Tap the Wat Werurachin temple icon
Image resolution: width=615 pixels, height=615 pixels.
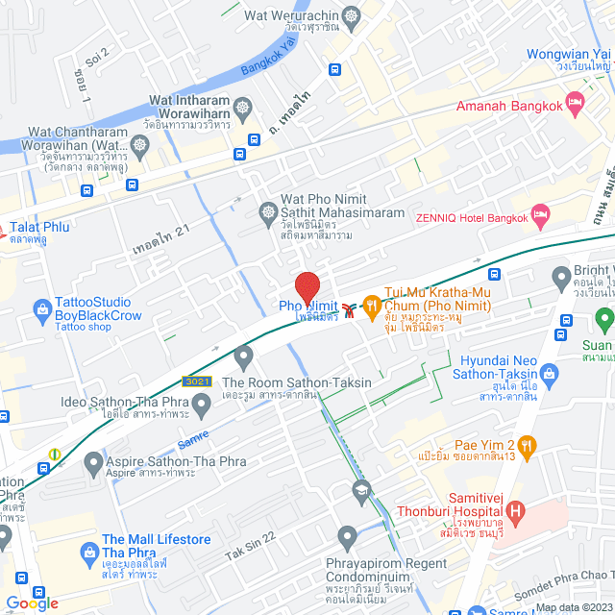(350, 15)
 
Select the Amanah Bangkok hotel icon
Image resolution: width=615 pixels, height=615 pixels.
(575, 101)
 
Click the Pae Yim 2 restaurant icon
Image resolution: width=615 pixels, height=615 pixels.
(526, 445)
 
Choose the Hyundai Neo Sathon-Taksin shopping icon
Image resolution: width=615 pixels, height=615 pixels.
(549, 373)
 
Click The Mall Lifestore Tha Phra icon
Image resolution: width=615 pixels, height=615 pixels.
(89, 552)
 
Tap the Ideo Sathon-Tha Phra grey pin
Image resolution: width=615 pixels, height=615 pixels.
(201, 407)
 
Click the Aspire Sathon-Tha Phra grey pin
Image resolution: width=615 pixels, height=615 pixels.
(93, 465)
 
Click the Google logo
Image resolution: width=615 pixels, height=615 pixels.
(32, 603)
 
